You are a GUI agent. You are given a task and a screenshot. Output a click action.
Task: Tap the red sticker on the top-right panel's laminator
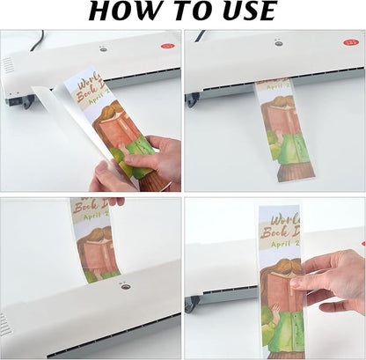351,40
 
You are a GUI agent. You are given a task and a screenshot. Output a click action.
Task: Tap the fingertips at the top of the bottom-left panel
114,202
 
